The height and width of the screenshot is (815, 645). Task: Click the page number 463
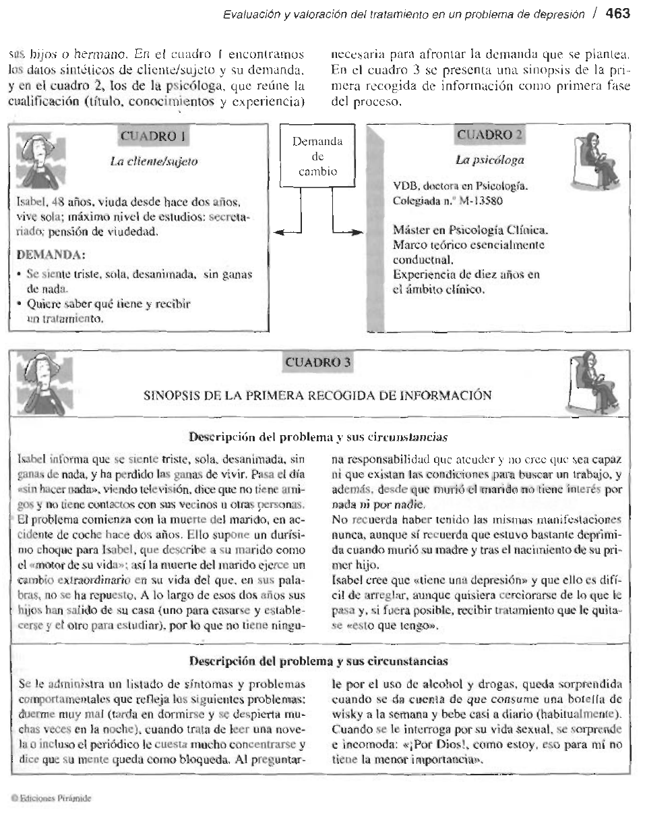click(617, 13)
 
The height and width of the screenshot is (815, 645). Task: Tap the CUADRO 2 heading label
click(489, 135)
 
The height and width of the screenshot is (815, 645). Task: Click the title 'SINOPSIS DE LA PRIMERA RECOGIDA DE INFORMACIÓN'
click(318, 395)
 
